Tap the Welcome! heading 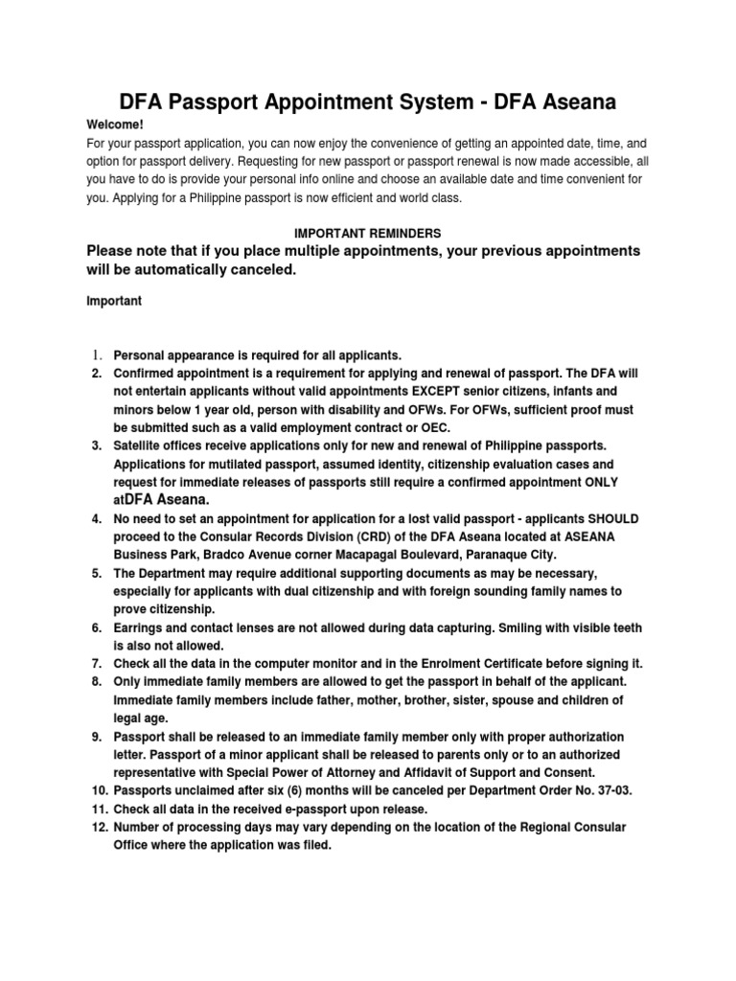click(x=115, y=125)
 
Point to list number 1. click(x=96, y=355)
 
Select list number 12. click(x=99, y=828)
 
